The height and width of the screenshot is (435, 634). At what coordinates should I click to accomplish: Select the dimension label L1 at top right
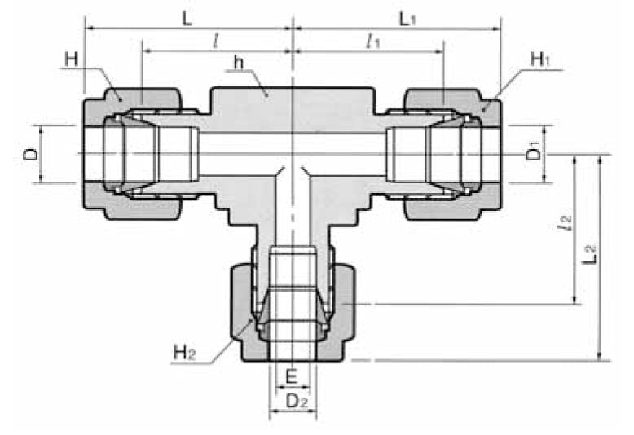click(x=407, y=18)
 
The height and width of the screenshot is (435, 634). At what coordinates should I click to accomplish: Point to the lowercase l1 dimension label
click(x=374, y=42)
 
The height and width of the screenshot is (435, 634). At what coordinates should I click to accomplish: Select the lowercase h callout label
click(x=237, y=63)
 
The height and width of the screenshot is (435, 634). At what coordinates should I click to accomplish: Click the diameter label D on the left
click(x=29, y=154)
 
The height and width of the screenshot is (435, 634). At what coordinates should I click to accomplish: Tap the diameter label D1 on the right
click(x=533, y=152)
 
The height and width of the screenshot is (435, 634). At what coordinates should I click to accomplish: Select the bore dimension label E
click(x=292, y=378)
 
